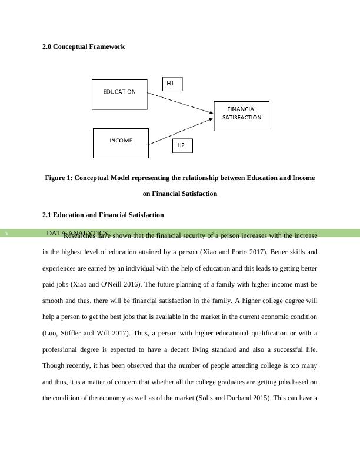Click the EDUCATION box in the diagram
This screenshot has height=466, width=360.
point(119,94)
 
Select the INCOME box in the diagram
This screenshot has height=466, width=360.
point(121,143)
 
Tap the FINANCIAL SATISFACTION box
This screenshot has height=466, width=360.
point(241,115)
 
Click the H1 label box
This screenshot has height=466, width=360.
point(172,84)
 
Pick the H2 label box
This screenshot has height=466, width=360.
point(182,145)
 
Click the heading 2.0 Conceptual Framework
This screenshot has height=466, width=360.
point(83,46)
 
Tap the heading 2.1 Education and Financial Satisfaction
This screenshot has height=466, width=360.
point(103,215)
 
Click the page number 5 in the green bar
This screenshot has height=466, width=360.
point(6,234)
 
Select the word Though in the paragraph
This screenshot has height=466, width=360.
point(53,365)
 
